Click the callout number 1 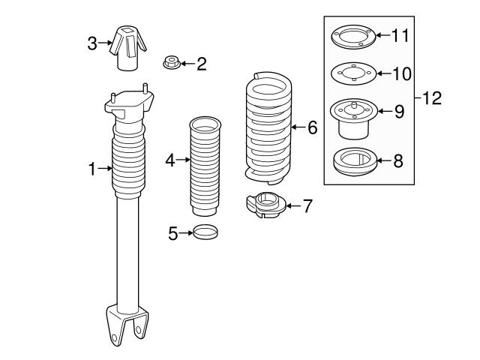(x=92, y=169)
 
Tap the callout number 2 (x=200, y=64)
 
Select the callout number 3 (x=92, y=43)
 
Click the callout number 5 (x=172, y=233)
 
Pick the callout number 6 (x=312, y=128)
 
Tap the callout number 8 (x=398, y=160)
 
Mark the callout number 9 (x=398, y=112)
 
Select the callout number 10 (x=403, y=73)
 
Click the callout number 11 (x=403, y=34)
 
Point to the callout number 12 (x=433, y=97)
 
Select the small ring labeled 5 (x=206, y=232)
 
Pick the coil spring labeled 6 (x=267, y=127)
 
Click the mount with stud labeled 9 (x=351, y=118)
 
